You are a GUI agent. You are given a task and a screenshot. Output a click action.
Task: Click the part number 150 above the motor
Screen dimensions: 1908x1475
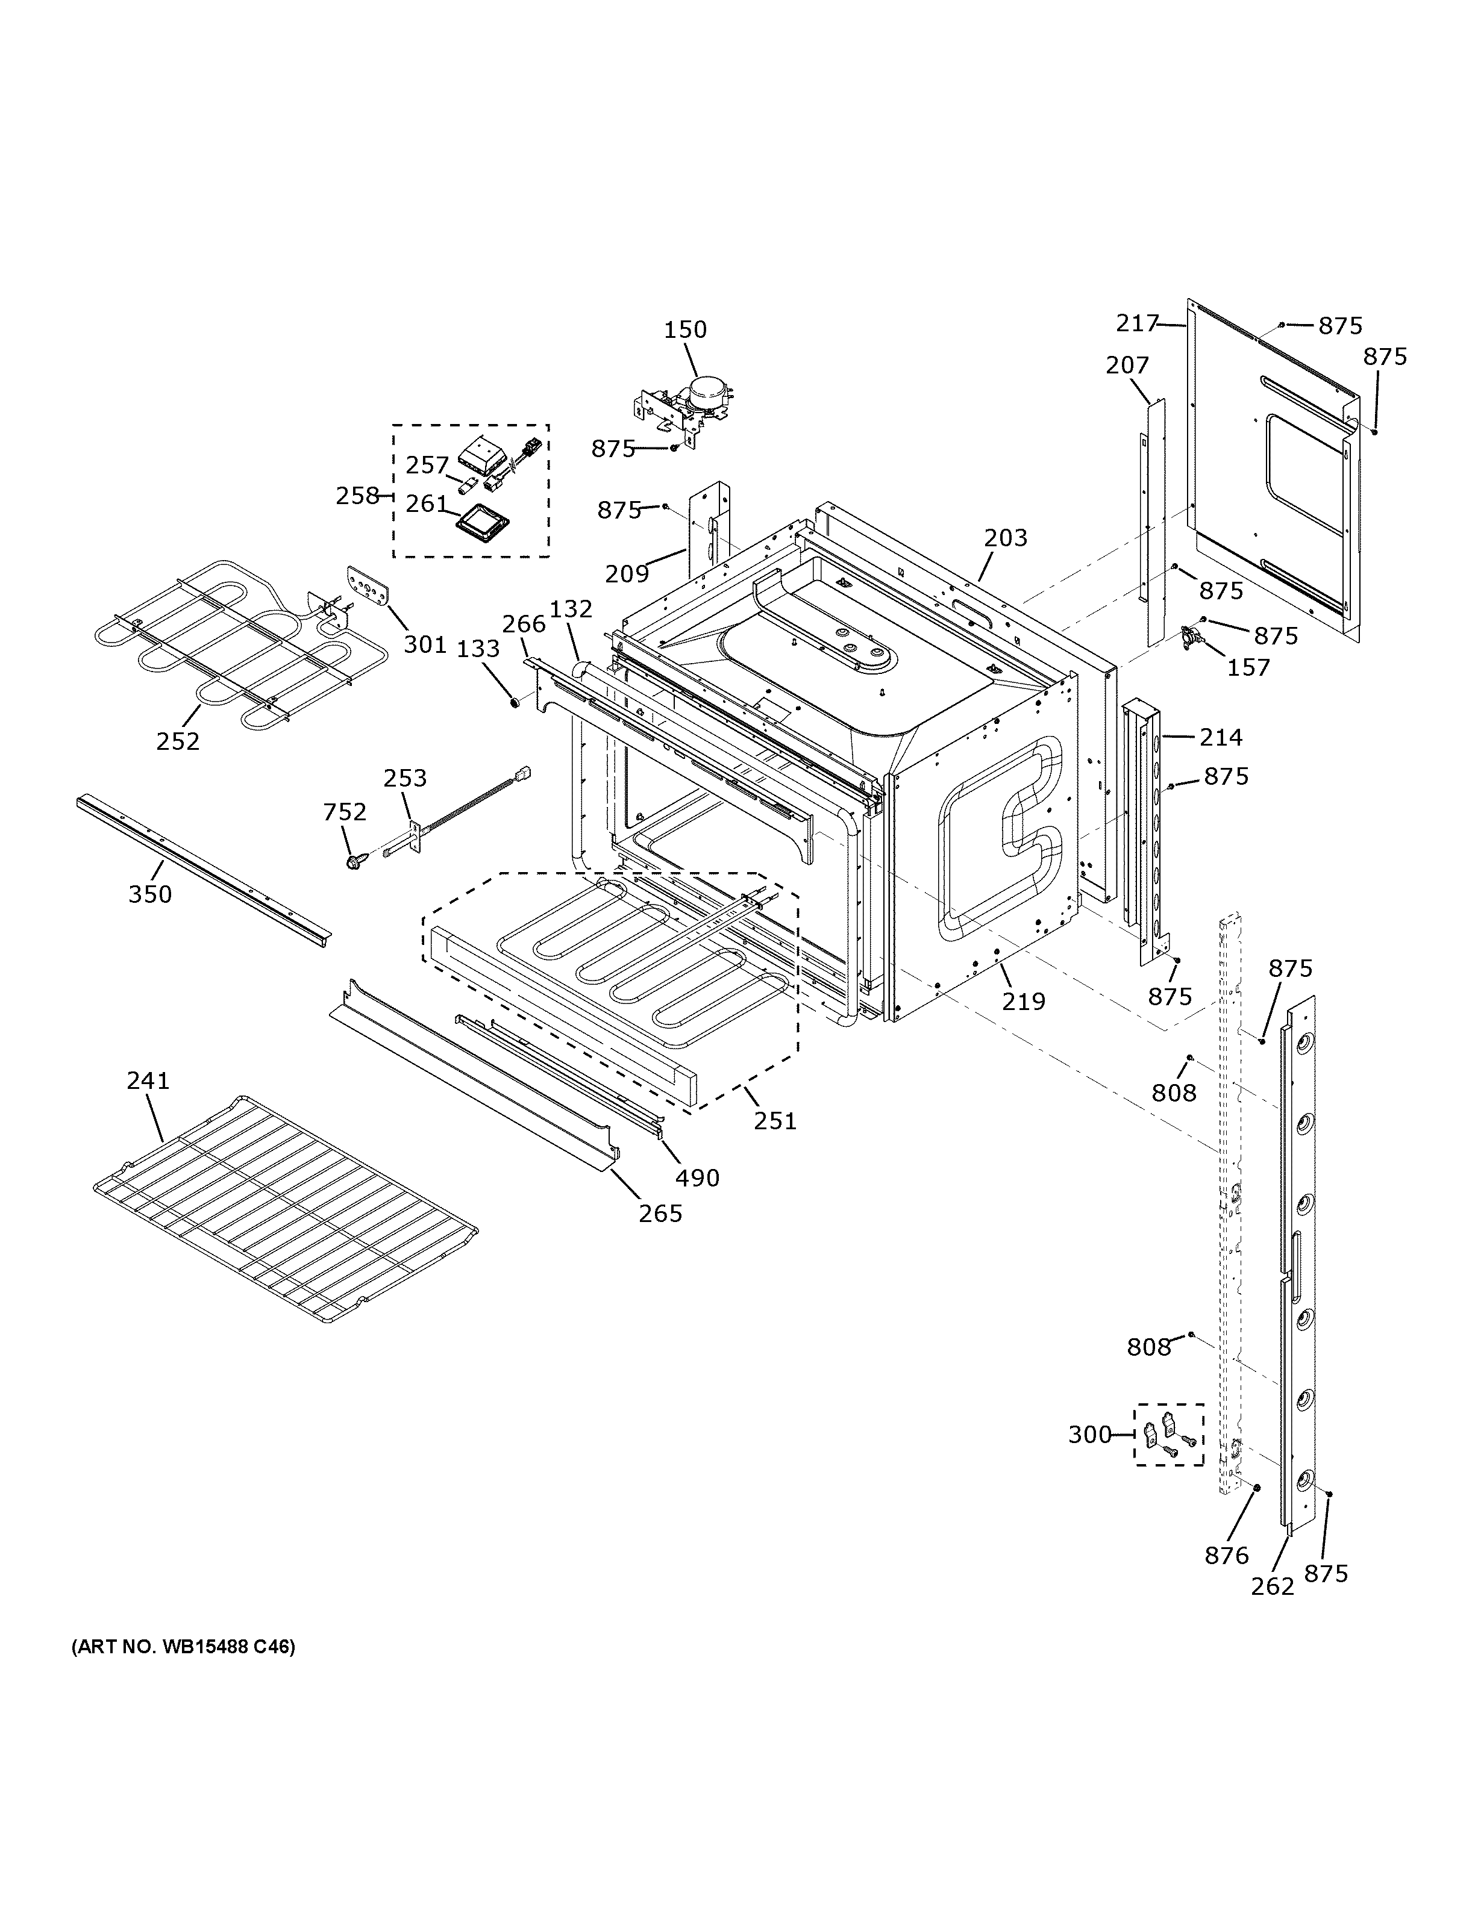pyautogui.click(x=685, y=329)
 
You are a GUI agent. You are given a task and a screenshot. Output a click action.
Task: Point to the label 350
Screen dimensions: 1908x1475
pyautogui.click(x=150, y=894)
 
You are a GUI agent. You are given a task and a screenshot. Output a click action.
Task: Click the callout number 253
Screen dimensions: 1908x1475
pyautogui.click(x=406, y=778)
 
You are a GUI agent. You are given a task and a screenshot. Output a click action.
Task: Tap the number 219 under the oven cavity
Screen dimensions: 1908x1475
pyautogui.click(x=1023, y=1001)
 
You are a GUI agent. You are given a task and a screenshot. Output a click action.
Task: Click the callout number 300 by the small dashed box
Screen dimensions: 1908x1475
pyautogui.click(x=1089, y=1435)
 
